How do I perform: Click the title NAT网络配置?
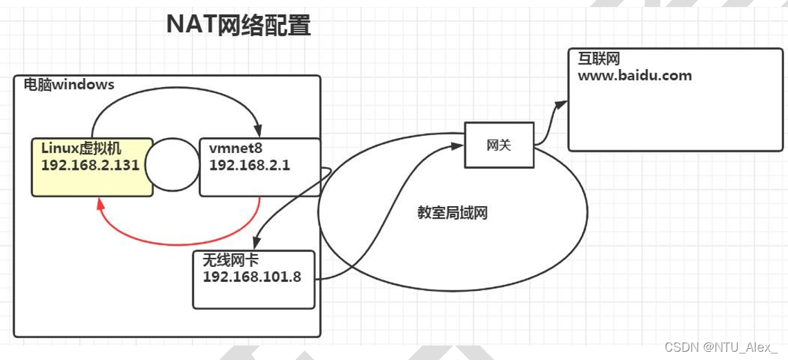click(239, 26)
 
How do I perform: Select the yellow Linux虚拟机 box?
click(90, 167)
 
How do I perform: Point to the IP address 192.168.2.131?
click(90, 166)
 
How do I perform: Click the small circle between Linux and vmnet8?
click(172, 166)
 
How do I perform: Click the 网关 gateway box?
click(499, 146)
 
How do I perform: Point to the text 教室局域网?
click(453, 214)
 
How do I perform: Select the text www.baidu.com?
click(634, 76)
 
